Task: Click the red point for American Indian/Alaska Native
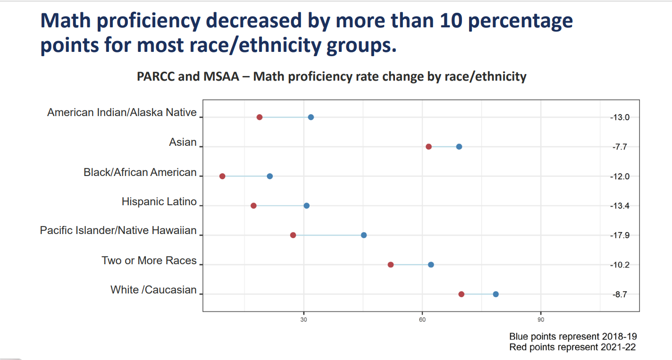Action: (x=260, y=117)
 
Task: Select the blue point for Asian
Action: (x=459, y=147)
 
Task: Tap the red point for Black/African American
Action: (x=222, y=176)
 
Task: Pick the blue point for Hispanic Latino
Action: (x=307, y=206)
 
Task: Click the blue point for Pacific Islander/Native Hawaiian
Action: (x=364, y=235)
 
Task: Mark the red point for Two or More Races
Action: (x=391, y=265)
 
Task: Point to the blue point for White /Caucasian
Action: (x=496, y=294)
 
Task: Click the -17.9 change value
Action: (x=621, y=235)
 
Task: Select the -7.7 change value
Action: (x=620, y=147)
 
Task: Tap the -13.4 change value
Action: (x=621, y=206)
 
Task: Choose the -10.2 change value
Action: (x=621, y=265)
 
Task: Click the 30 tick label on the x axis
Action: (x=304, y=319)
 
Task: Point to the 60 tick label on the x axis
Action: (x=422, y=319)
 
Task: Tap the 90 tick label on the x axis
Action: (x=541, y=319)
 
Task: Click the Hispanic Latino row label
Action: (x=159, y=202)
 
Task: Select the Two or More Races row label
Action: (x=149, y=261)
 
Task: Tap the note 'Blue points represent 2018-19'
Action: (x=573, y=337)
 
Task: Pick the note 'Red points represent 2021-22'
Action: (x=572, y=347)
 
